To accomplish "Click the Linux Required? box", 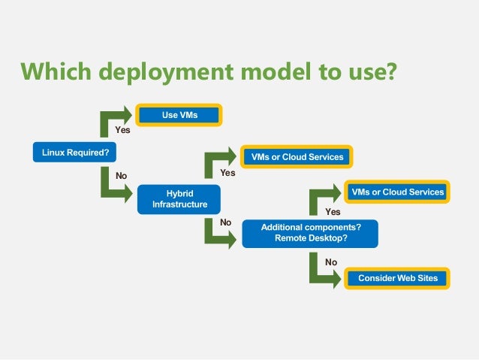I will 75,153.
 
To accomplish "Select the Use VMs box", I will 179,115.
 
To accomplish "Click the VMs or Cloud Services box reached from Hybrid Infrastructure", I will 297,157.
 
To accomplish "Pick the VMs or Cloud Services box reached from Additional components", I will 397,192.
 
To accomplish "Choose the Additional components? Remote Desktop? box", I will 310,233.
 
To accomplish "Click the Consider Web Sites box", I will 397,278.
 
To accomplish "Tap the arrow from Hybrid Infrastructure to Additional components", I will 217,232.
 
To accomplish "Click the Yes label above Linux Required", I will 122,130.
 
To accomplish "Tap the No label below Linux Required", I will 121,176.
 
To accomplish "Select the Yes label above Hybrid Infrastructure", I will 227,172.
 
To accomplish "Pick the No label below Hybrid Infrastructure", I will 225,222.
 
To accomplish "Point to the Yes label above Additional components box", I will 333,212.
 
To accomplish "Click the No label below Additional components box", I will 331,262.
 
